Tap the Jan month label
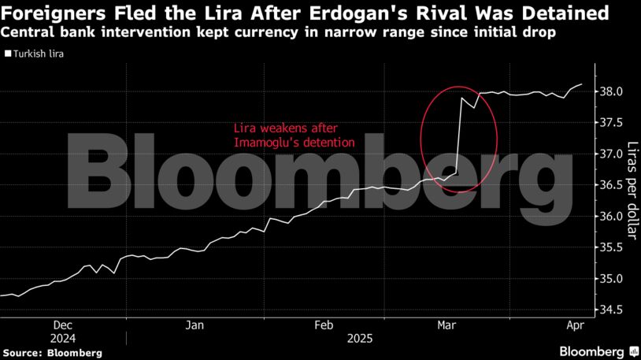(x=195, y=325)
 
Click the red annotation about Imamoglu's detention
(x=294, y=135)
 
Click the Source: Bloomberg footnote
(x=52, y=352)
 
